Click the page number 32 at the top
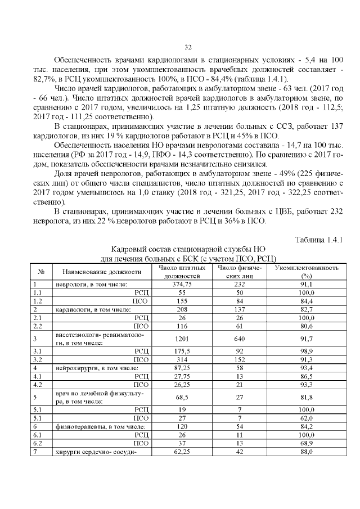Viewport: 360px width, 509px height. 188,46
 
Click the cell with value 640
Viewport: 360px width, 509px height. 238,339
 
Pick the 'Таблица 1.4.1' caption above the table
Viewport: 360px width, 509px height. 319,240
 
